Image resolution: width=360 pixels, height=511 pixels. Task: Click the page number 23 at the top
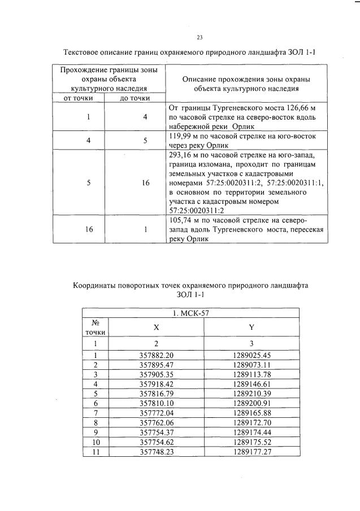click(199, 37)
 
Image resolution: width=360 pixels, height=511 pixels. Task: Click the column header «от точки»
click(80, 98)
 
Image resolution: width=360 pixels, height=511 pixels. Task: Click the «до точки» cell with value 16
click(145, 184)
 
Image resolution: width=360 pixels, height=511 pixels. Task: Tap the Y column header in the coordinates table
click(251, 327)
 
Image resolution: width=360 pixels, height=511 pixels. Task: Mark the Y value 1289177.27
click(251, 452)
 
